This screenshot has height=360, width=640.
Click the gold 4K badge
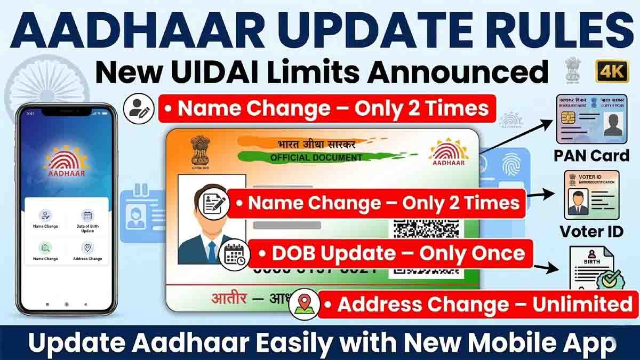[x=612, y=71]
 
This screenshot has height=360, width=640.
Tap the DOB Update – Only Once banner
[x=391, y=253]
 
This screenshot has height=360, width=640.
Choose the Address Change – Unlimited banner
[x=478, y=305]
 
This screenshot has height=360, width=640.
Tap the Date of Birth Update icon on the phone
[x=87, y=215]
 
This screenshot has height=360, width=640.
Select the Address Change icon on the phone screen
[x=87, y=248]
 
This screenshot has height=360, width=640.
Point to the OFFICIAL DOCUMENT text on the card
[x=316, y=158]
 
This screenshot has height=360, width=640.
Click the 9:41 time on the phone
[x=30, y=114]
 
